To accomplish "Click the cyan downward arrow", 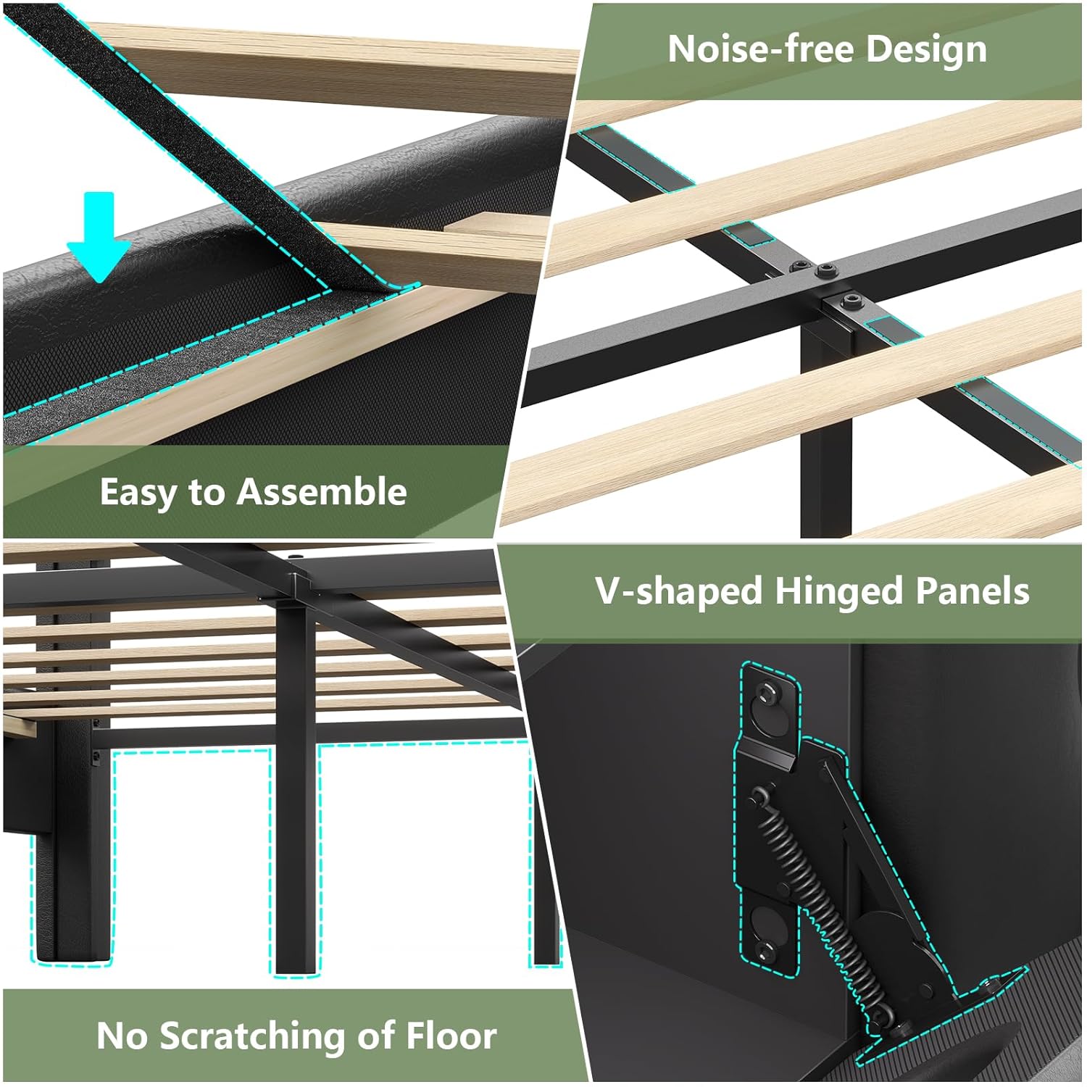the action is pos(99,236).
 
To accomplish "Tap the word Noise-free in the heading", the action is pos(760,49).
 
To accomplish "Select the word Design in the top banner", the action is pos(926,50).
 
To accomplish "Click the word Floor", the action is pos(451,1036).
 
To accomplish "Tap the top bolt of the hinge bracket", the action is pos(766,694).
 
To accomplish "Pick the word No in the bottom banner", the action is pos(122,1036).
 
